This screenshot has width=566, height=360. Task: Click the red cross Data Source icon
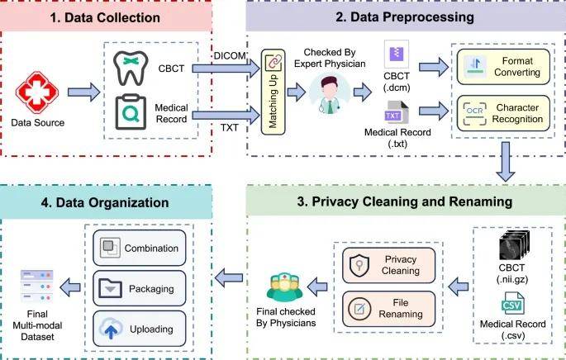point(37,92)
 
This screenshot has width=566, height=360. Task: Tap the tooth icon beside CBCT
point(131,69)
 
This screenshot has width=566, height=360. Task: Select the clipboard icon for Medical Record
point(131,112)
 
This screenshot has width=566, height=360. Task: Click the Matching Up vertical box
point(273,92)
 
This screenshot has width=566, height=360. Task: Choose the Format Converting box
point(503,67)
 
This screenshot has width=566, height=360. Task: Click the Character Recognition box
point(503,113)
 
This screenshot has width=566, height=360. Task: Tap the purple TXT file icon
point(396,112)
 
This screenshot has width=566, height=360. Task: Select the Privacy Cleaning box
point(389,265)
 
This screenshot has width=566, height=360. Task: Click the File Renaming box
point(389,309)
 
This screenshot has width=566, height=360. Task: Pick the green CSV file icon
point(512,303)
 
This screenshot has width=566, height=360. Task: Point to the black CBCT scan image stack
point(514,245)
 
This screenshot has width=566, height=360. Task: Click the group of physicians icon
point(284,287)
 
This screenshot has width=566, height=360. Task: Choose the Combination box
point(140,248)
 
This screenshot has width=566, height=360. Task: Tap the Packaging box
point(140,288)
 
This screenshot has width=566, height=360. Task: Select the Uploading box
point(140,329)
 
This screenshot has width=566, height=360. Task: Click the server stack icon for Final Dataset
point(37,287)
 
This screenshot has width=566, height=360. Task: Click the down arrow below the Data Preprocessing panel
point(506,162)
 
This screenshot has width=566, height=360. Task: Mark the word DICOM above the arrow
point(230,56)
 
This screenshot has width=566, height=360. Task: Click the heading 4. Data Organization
point(105,202)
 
